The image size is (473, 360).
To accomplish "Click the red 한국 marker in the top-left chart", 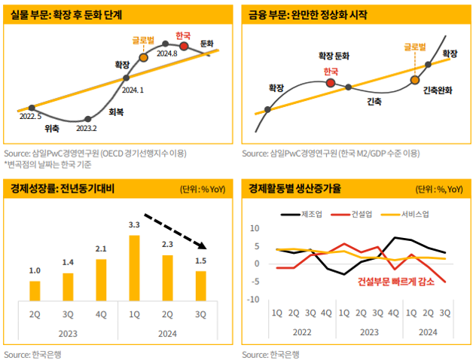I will pyautogui.click(x=183, y=46).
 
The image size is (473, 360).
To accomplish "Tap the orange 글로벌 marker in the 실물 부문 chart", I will pyautogui.click(x=143, y=57).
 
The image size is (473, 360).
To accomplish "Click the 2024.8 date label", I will pyautogui.click(x=166, y=53).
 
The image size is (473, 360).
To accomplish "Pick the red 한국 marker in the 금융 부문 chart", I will pyautogui.click(x=330, y=82).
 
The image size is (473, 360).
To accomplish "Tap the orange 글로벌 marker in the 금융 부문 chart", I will pyautogui.click(x=414, y=79).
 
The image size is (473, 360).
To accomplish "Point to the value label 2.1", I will pyautogui.click(x=101, y=249).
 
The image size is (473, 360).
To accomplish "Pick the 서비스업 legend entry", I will pyautogui.click(x=414, y=213).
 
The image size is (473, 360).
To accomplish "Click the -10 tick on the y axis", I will pyautogui.click(x=254, y=300).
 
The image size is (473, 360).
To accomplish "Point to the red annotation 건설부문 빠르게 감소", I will pyautogui.click(x=395, y=282).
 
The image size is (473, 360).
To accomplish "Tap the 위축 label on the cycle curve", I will pyautogui.click(x=51, y=127).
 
